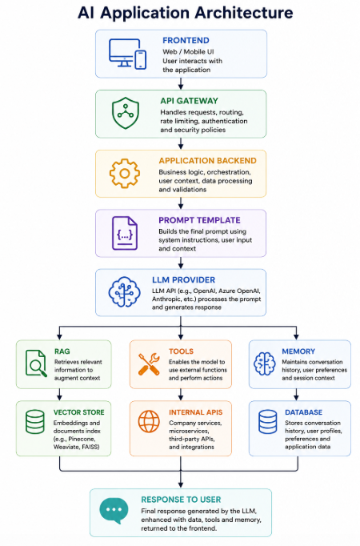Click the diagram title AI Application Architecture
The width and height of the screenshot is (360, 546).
(x=186, y=13)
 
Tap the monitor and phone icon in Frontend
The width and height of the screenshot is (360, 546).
(x=127, y=54)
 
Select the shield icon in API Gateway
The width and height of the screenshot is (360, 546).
(x=126, y=113)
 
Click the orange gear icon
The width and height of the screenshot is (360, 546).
(x=125, y=174)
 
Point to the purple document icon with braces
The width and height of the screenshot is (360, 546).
(x=125, y=233)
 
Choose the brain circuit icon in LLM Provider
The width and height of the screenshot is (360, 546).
(x=124, y=291)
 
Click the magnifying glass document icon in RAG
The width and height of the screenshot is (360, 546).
(x=36, y=363)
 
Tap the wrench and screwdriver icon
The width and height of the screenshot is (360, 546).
(x=149, y=364)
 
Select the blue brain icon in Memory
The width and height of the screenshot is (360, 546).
(x=264, y=363)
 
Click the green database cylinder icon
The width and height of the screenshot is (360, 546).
(x=35, y=422)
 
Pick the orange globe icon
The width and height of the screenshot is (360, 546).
(x=149, y=421)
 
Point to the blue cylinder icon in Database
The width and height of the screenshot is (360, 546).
(x=268, y=422)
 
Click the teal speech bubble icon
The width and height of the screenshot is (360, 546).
(x=114, y=511)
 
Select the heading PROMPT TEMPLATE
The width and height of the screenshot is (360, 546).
(x=200, y=220)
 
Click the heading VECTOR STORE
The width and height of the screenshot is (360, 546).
(x=79, y=412)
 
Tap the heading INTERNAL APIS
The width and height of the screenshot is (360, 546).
(x=195, y=412)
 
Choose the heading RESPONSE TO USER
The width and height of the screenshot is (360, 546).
(x=181, y=500)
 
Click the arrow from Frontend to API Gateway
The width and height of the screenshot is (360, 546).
(x=181, y=83)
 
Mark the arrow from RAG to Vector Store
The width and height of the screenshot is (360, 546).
(x=59, y=395)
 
